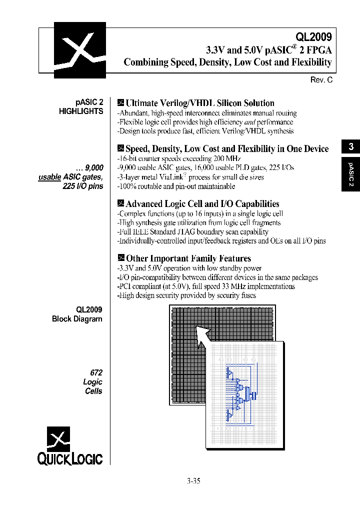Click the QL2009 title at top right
pyautogui.click(x=313, y=36)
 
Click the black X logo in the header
pyautogui.click(x=80, y=50)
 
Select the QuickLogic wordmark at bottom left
pyautogui.click(x=70, y=458)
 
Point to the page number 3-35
pyautogui.click(x=193, y=481)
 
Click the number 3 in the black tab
pyautogui.click(x=351, y=146)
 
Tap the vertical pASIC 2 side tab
pyautogui.click(x=351, y=174)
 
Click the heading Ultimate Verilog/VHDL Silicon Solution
pyautogui.click(x=199, y=103)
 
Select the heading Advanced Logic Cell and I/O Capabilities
pyautogui.click(x=202, y=203)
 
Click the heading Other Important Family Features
pyautogui.click(x=188, y=258)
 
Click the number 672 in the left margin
pyautogui.click(x=96, y=373)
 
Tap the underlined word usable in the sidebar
pyautogui.click(x=49, y=177)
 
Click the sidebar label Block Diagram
pyautogui.click(x=77, y=319)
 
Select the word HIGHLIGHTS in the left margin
pyautogui.click(x=81, y=111)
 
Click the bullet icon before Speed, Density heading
pyautogui.click(x=120, y=148)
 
